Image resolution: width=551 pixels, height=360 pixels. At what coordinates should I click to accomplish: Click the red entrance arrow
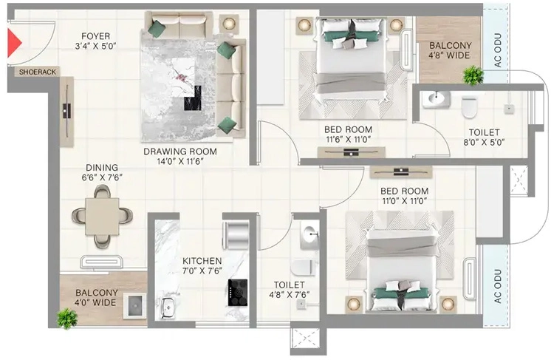14,43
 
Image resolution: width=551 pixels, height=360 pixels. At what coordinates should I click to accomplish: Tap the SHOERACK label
38,72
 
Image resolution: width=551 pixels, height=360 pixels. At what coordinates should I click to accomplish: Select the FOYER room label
95,36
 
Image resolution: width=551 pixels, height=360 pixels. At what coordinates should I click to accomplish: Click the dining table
102,216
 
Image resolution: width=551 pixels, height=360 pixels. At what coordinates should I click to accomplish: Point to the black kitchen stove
238,293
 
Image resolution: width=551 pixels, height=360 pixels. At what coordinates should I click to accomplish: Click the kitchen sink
168,308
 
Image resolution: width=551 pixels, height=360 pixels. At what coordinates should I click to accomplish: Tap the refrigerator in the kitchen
236,235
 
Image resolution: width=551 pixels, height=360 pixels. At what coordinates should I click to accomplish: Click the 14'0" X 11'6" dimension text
180,161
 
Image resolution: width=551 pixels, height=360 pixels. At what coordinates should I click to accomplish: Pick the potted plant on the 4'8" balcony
473,75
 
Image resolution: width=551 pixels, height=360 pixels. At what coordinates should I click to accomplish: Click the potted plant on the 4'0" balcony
67,319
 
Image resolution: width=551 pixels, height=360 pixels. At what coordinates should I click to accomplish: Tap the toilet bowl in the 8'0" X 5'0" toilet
469,107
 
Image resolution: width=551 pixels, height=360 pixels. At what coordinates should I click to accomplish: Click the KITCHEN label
202,261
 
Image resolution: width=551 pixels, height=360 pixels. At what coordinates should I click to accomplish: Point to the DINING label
102,168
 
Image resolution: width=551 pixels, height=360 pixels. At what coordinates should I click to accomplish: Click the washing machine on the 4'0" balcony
135,306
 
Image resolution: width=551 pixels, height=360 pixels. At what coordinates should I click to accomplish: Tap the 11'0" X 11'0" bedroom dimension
405,201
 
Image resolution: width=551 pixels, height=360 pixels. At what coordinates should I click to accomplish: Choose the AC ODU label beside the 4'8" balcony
498,50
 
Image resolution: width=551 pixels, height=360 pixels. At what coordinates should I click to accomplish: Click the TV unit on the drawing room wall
66,112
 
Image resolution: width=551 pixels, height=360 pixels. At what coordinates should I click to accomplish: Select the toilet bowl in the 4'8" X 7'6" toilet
302,268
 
